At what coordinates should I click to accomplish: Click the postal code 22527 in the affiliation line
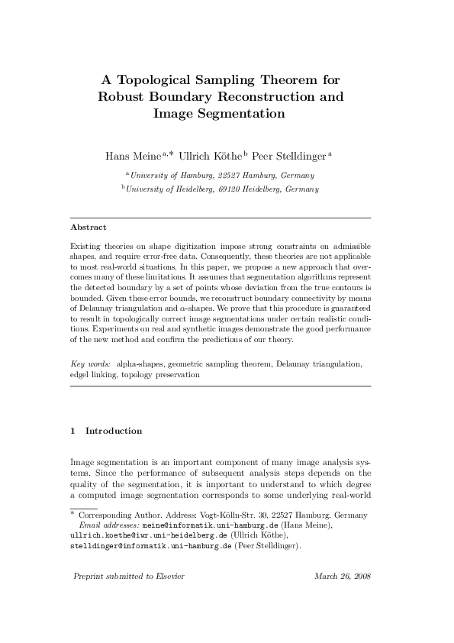pyautogui.click(x=230, y=175)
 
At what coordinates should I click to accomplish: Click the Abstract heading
pyautogui.click(x=88, y=228)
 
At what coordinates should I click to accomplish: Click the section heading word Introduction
pyautogui.click(x=114, y=431)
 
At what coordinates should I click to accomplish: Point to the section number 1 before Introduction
pyautogui.click(x=72, y=431)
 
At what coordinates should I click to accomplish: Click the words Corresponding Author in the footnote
pyautogui.click(x=111, y=516)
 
